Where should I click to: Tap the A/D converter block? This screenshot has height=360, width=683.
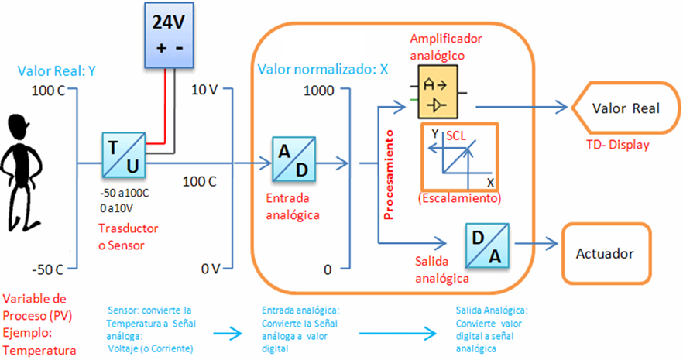293,158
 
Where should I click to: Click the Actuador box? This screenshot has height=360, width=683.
605,253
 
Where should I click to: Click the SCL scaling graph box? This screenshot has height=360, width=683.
458,157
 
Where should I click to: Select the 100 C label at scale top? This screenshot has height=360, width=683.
47,91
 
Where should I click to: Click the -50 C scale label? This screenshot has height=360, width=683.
47,269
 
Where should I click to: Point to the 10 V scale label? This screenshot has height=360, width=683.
204,90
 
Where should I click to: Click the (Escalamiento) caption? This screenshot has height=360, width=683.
458,198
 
